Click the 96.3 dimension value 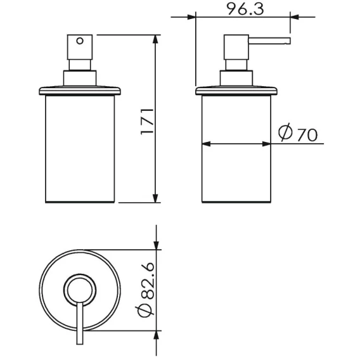point(246,9)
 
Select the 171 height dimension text point(147,122)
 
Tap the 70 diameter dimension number point(307,135)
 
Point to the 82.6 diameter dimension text point(146,281)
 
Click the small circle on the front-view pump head point(80,41)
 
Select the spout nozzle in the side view point(269,41)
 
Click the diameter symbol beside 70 point(285,132)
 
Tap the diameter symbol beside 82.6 point(146,311)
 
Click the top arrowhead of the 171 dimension point(155,39)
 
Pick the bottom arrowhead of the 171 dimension point(155,198)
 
